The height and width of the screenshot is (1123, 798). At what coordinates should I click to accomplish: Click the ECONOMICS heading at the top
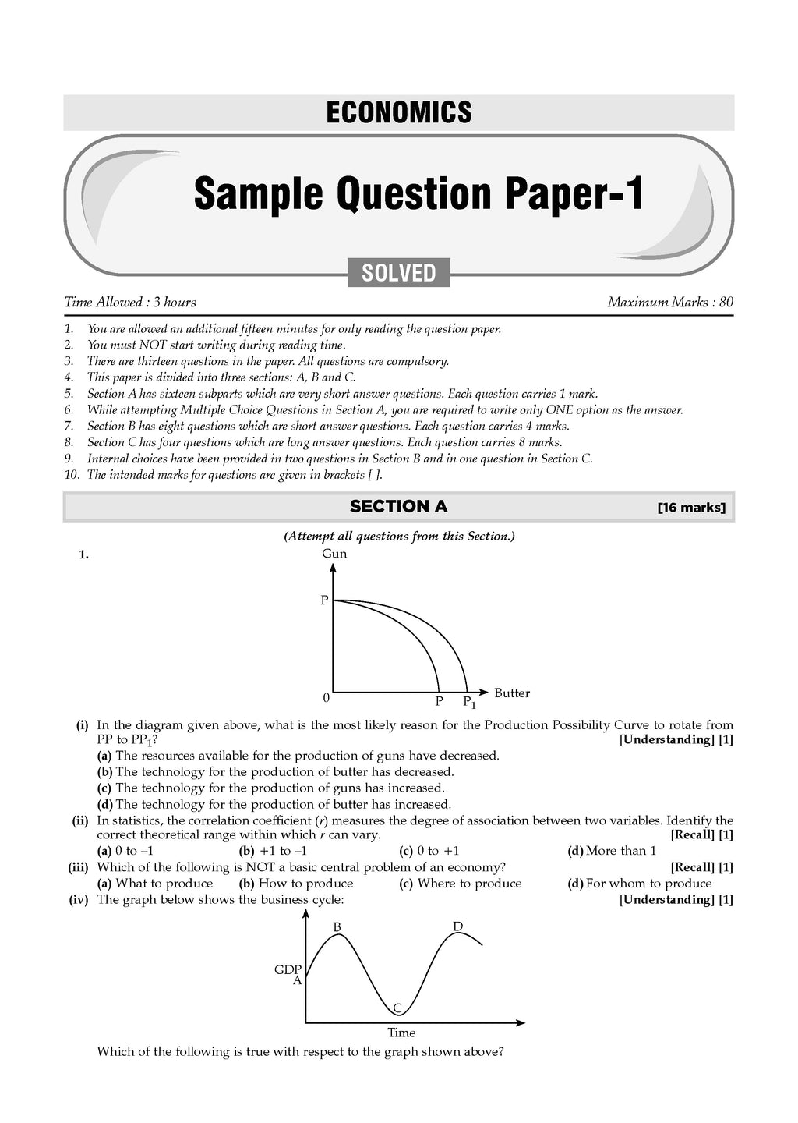click(398, 112)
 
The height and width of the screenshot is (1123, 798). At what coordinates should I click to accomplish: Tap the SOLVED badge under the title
click(398, 273)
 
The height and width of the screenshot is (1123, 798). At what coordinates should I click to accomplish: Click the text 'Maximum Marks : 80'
click(670, 302)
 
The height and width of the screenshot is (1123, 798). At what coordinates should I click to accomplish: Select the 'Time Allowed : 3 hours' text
click(130, 302)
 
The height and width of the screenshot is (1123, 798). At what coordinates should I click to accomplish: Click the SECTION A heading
click(398, 506)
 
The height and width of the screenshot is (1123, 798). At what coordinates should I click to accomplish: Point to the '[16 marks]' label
click(691, 508)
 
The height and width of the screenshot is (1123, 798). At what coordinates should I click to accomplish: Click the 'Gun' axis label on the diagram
click(334, 554)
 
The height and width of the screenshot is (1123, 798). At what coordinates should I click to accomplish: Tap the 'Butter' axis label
click(512, 693)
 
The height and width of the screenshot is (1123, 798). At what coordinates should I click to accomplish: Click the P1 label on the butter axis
click(469, 702)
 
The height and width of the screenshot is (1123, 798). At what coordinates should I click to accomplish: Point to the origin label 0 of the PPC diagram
click(326, 697)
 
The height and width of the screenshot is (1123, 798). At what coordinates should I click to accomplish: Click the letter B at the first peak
click(337, 927)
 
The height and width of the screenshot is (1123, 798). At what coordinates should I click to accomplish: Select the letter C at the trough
click(397, 1009)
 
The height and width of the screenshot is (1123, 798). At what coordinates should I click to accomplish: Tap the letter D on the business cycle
click(458, 926)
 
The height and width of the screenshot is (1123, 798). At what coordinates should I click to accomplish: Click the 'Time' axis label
click(401, 1033)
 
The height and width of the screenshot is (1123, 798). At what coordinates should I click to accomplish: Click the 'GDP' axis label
click(288, 970)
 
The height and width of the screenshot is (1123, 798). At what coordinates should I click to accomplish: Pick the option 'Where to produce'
click(469, 884)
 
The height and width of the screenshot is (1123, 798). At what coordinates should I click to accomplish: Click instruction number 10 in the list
click(72, 475)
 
